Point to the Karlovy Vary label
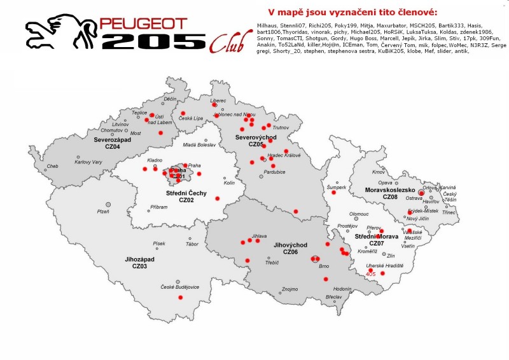[x=88, y=162]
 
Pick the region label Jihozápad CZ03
[x=139, y=263]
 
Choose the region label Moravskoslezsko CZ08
[x=389, y=193]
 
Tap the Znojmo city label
[x=289, y=289]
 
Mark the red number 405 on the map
[x=371, y=274]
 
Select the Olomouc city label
[x=359, y=214]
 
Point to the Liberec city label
[x=218, y=100]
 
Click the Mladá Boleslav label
[x=199, y=145]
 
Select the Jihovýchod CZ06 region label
[x=290, y=248]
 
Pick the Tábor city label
[x=174, y=244]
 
